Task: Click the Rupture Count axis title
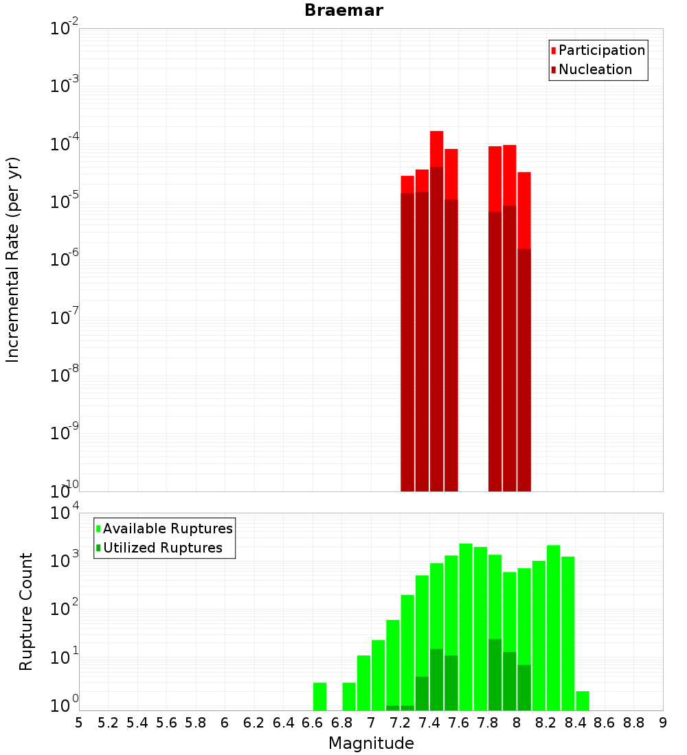coord(26,612)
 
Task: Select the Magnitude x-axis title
coord(371,743)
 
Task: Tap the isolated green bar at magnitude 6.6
coord(319,696)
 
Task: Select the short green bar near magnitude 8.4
coord(583,700)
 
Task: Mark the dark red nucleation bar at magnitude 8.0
coord(524,371)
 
